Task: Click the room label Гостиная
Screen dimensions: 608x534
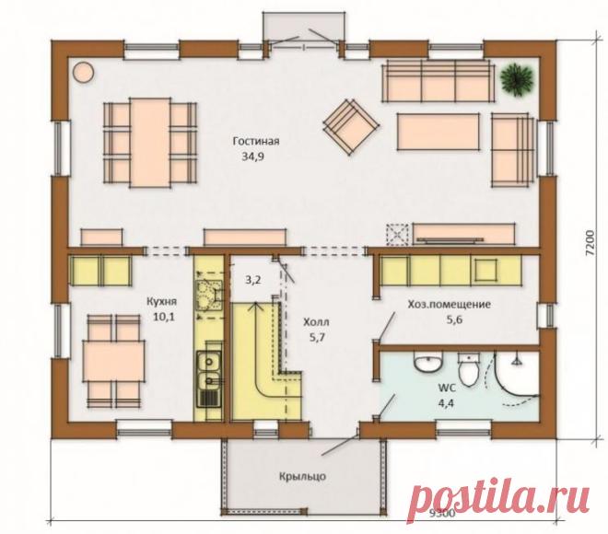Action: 256,141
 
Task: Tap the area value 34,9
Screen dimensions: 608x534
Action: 253,157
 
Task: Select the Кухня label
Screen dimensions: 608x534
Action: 162,301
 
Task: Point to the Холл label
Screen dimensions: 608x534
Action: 316,322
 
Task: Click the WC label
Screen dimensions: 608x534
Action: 447,388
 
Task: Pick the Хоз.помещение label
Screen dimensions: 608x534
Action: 449,305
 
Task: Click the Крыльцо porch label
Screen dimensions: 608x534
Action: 302,476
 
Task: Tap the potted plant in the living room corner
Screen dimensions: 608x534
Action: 517,79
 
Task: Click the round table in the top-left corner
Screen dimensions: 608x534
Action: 83,72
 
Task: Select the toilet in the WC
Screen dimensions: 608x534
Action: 469,370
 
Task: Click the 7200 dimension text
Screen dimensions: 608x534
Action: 590,243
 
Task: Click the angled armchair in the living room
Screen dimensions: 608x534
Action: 351,127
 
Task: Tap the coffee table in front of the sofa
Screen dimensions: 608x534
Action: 438,132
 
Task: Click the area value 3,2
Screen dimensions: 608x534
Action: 252,280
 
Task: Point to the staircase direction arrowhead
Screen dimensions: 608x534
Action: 255,306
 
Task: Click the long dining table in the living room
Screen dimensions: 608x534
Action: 150,143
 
